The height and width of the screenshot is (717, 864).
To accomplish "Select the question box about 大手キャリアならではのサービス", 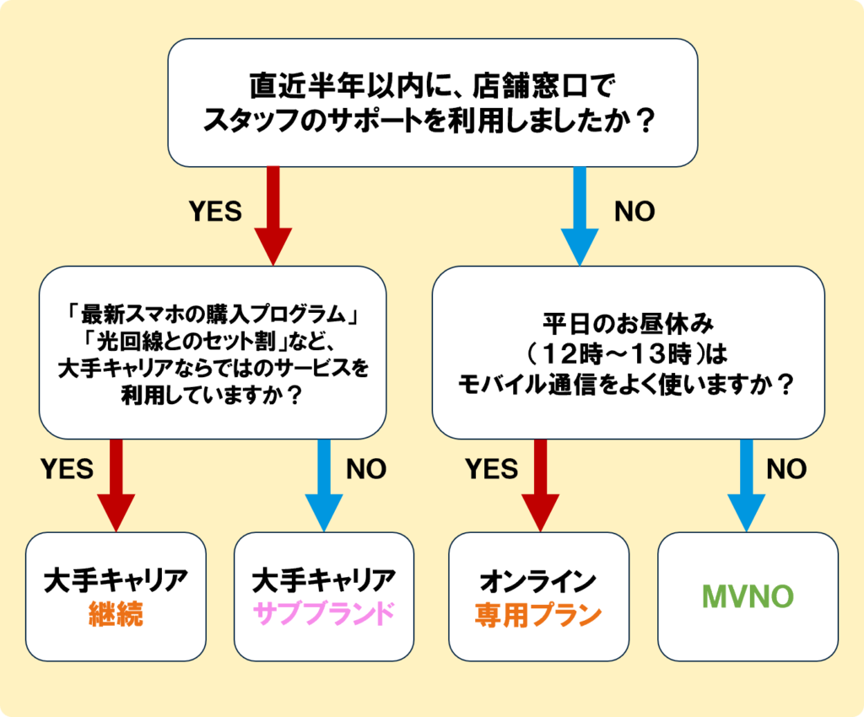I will (x=213, y=353).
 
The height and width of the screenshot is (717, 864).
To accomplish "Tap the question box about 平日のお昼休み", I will (x=628, y=353).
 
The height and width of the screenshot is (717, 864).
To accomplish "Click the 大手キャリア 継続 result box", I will (x=116, y=596).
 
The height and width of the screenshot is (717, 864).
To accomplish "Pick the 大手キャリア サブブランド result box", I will (x=324, y=596).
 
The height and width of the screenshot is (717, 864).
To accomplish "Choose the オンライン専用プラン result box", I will (x=539, y=596).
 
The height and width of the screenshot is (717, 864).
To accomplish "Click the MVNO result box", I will (x=748, y=596).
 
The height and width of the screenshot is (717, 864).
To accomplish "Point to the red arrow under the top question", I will (x=273, y=215).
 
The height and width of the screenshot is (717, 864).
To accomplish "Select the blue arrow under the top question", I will (x=580, y=215).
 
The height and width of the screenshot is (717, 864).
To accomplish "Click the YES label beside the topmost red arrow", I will (x=216, y=211).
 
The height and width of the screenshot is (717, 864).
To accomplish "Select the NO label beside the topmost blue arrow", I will (x=634, y=211).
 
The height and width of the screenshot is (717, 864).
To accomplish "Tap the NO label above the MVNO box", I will (x=786, y=469).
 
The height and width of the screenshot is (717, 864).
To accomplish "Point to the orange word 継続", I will (x=116, y=614).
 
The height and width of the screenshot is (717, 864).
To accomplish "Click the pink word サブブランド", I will (x=324, y=614).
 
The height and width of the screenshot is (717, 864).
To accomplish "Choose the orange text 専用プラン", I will (x=539, y=614).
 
